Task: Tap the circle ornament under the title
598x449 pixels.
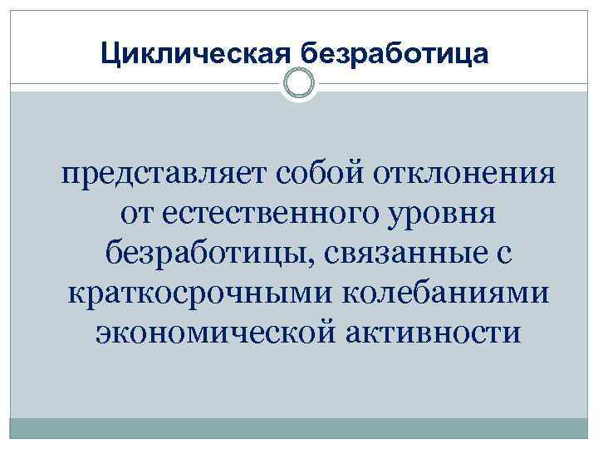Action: (298, 83)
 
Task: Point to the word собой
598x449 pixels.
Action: (311, 175)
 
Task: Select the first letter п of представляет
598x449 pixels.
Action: (67, 177)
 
